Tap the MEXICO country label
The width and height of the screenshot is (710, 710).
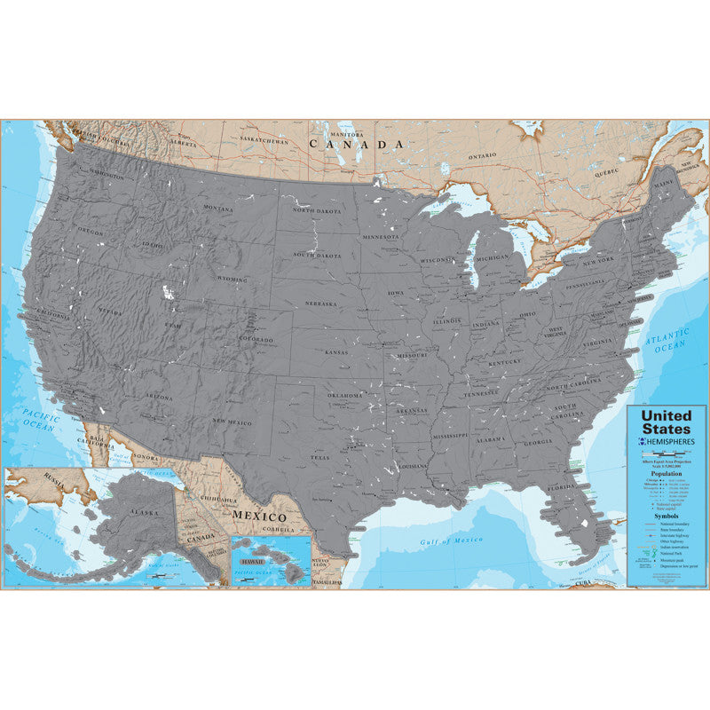tap(259, 516)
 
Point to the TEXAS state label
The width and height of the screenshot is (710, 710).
tap(319, 458)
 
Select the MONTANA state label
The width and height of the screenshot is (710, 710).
tap(217, 209)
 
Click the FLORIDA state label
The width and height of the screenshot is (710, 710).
tap(561, 487)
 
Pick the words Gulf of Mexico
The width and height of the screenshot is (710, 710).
tap(452, 540)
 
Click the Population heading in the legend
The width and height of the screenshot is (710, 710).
tap(667, 475)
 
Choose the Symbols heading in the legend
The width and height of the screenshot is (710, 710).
tap(667, 515)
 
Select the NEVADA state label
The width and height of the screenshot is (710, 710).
tap(109, 312)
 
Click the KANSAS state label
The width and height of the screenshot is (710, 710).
tap(336, 352)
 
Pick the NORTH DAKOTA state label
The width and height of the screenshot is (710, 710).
tap(316, 210)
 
